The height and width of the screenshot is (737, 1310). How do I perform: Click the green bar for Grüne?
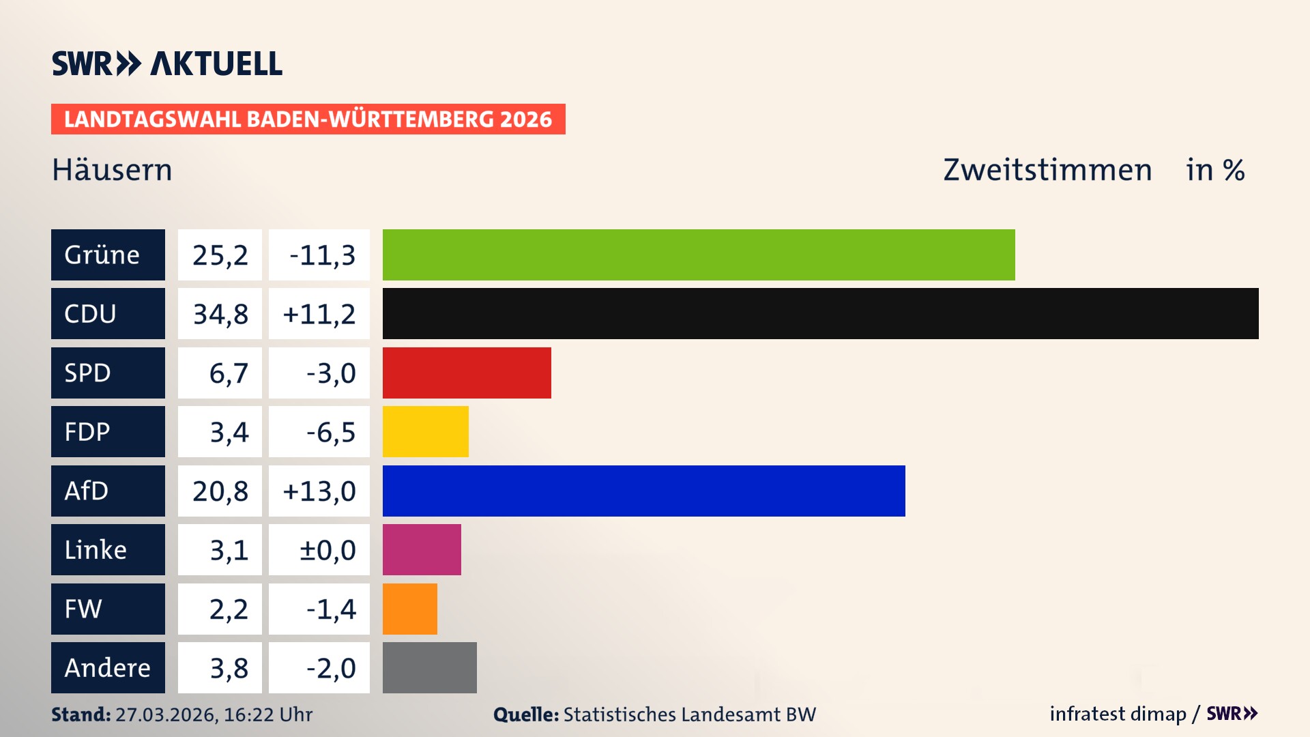pos(699,255)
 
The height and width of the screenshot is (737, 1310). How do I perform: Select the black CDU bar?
pos(820,313)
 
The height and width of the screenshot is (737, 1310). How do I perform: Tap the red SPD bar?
pos(467,373)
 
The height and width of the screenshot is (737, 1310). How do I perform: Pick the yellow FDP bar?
pos(425,431)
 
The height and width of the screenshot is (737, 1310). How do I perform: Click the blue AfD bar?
pos(643,491)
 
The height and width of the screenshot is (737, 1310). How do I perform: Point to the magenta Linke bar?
pos(422,549)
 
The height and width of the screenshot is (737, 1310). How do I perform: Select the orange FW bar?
pos(409,609)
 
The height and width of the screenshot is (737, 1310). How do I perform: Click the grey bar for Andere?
pos(429,667)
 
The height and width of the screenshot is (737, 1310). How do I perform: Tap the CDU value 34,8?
pos(220,314)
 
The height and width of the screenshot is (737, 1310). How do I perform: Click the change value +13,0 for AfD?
pos(319,491)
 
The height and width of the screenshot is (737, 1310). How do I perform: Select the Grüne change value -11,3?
pos(322,255)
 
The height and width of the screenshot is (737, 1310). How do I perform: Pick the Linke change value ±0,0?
pos(327,550)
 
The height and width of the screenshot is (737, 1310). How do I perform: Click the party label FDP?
pos(87,432)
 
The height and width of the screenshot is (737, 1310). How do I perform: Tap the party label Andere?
pos(107,668)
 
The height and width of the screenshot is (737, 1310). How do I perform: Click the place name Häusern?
pos(112,170)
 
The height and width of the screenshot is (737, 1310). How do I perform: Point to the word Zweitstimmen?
pos(1047,170)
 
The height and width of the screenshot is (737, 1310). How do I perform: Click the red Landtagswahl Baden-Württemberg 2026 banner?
pos(308,119)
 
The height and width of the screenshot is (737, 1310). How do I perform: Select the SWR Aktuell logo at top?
pos(166,63)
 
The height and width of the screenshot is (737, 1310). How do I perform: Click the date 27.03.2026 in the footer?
pos(166,714)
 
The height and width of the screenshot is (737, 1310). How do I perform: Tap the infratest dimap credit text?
pos(1118,714)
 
